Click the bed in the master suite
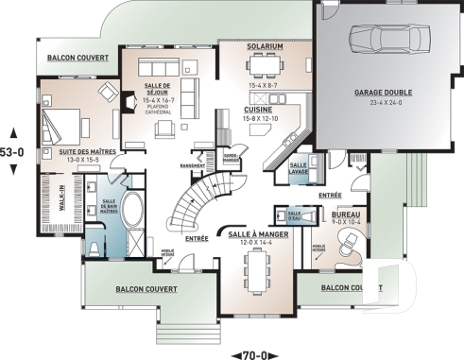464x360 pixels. tap(63, 121)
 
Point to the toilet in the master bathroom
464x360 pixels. tap(97, 248)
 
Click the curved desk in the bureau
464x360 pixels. tap(347, 246)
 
